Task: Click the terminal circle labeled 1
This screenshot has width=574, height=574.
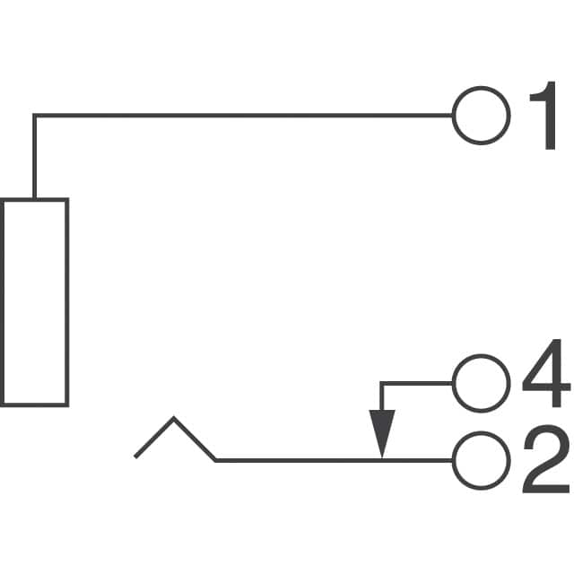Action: pos(481,116)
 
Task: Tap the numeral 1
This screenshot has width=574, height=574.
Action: pos(542,117)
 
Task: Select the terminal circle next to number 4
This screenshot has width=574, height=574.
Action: pos(481,383)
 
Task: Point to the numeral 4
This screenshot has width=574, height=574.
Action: pos(545,383)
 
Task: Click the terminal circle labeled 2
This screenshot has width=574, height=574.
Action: pos(481,460)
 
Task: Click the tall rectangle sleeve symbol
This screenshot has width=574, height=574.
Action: pos(34,301)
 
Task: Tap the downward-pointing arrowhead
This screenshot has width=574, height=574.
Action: pos(382,432)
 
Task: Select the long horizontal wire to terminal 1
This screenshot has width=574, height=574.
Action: pos(242,116)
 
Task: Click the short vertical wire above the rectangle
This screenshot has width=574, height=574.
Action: pos(34,157)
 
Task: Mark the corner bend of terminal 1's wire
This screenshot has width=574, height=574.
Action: pos(34,116)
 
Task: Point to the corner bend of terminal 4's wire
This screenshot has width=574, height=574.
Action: pos(382,384)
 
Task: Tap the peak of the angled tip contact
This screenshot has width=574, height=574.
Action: pos(174,419)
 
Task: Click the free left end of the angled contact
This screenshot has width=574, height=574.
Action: pos(135,457)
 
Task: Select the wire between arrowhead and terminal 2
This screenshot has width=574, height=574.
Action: pos(418,460)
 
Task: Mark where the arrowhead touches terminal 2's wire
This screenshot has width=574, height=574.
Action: pos(382,458)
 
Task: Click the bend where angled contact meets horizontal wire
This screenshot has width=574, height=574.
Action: pos(216,460)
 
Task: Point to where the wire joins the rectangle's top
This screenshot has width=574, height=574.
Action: pos(34,199)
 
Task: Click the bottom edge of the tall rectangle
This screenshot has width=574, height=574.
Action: pos(34,404)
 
